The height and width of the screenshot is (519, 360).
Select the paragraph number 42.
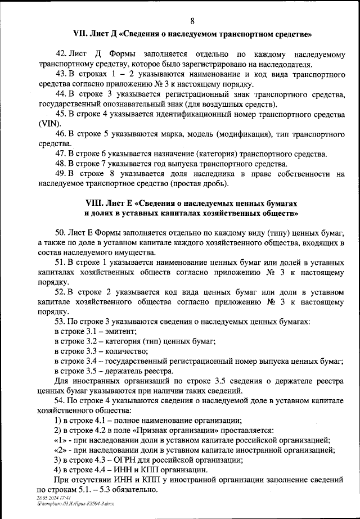coord(60,54)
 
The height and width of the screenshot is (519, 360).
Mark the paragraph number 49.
coord(60,174)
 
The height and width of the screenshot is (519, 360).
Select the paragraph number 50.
coord(60,233)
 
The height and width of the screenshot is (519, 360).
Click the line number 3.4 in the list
coord(95,361)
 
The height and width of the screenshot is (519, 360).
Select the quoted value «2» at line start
coord(62,450)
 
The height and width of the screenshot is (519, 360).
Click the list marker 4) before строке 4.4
coord(57,470)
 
